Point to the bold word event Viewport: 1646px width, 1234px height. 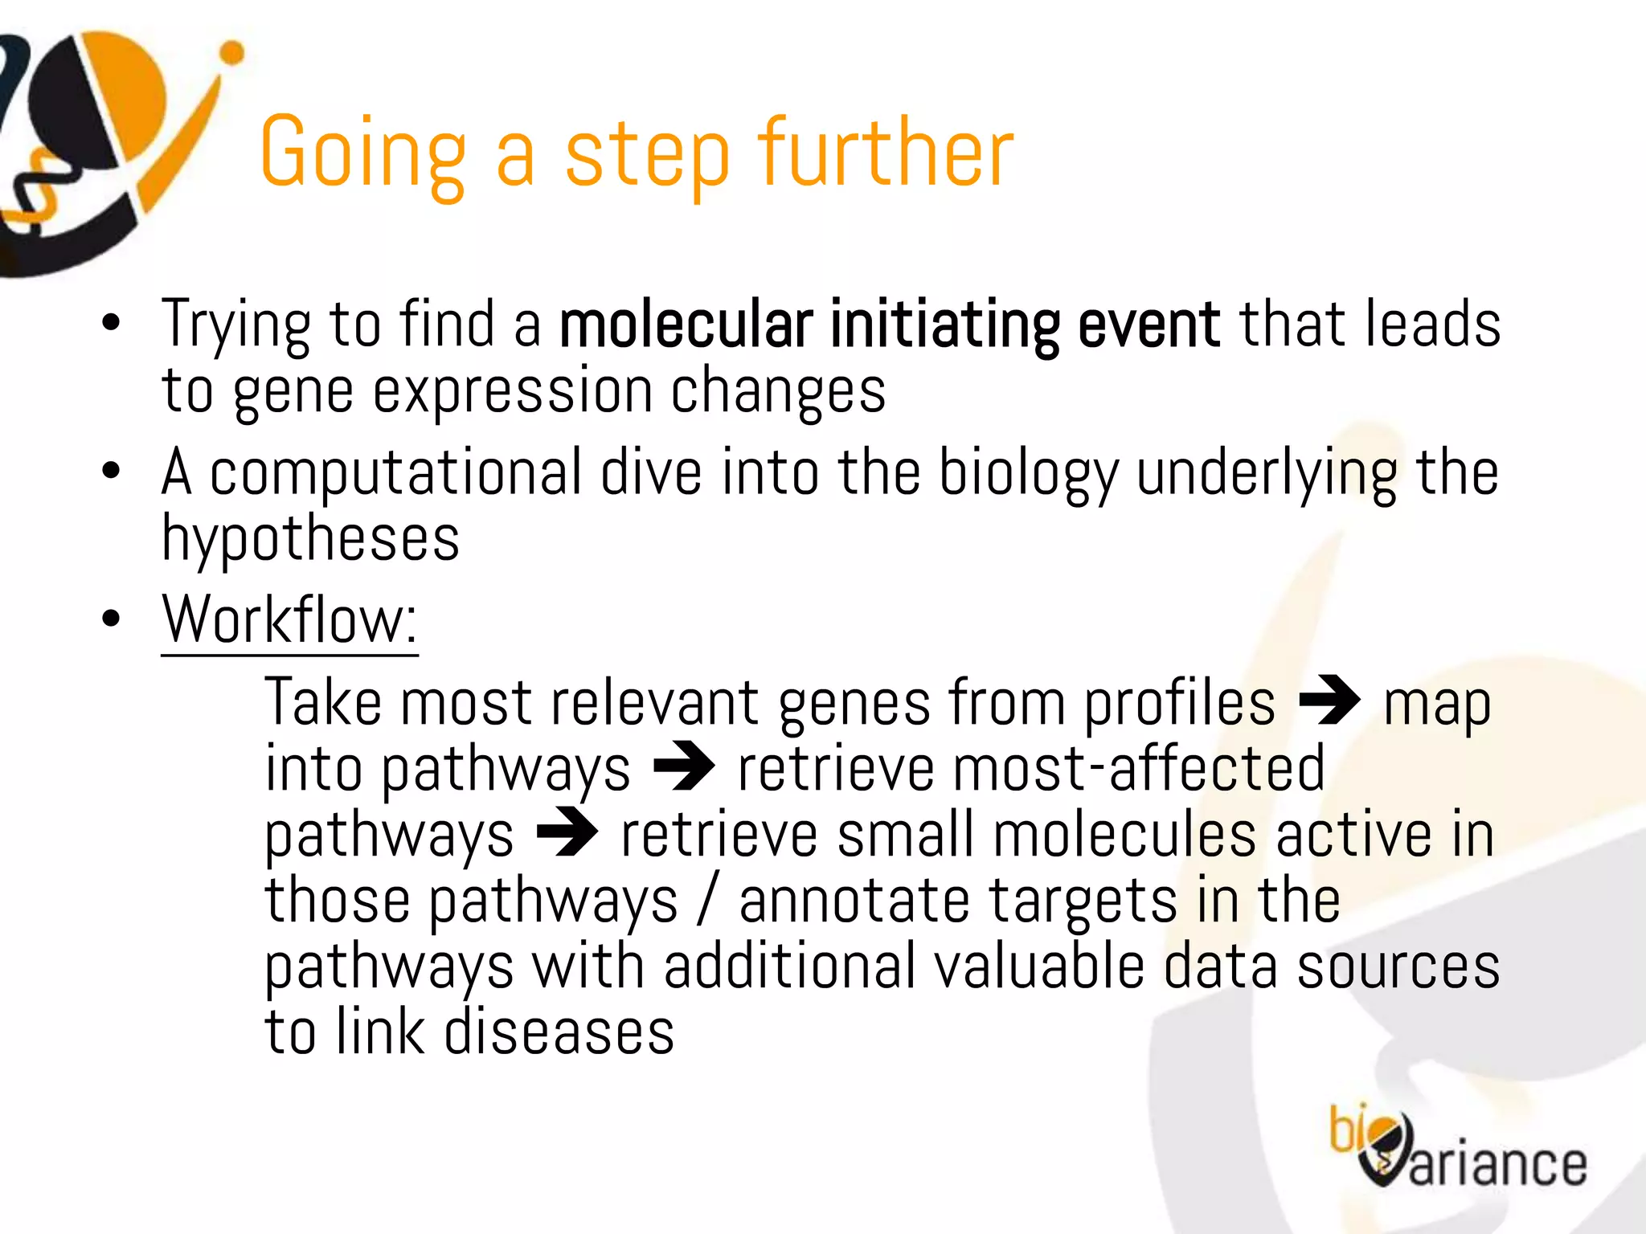pyautogui.click(x=1149, y=325)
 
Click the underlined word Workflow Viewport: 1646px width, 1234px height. pyautogui.click(x=289, y=620)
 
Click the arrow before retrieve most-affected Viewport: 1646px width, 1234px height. pyautogui.click(x=683, y=767)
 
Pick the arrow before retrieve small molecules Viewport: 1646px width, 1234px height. pyautogui.click(x=567, y=833)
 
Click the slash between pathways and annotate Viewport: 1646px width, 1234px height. pyautogui.click(x=706, y=901)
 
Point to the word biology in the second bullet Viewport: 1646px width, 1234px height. pyautogui.click(x=1028, y=474)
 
